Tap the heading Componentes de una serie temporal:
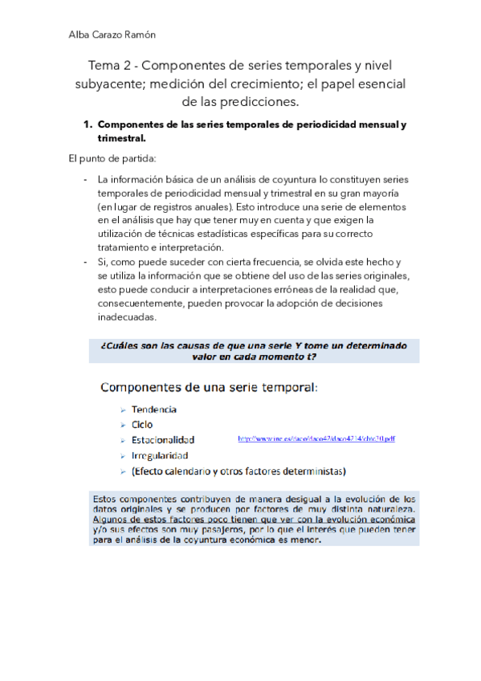pos(209,388)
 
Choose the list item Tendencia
pos(154,409)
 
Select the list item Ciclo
pos(142,424)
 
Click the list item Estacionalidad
pos(163,440)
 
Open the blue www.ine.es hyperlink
pos(316,439)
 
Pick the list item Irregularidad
pos(160,455)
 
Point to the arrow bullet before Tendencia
pos(122,410)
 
